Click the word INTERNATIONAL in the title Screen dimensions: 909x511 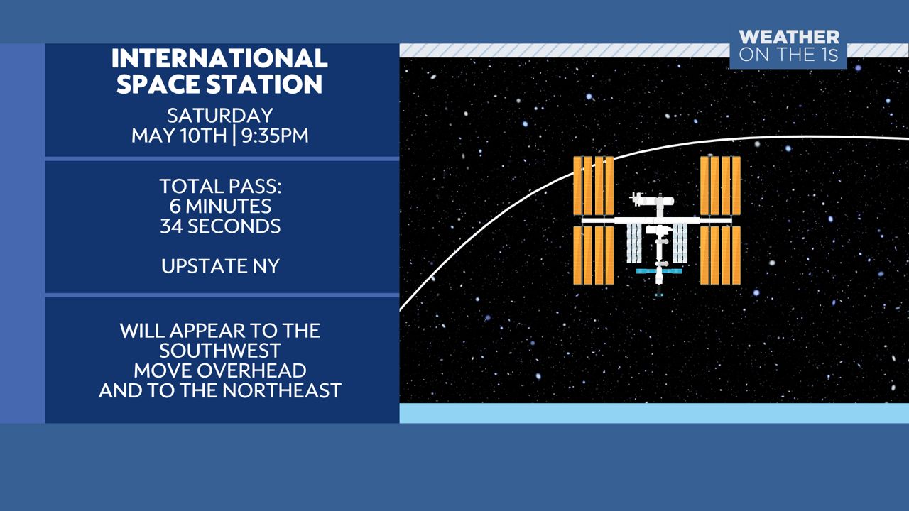(x=219, y=58)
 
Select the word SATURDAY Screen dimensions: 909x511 (x=220, y=116)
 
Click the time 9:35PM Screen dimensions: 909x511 (x=275, y=136)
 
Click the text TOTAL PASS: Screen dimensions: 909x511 (x=220, y=187)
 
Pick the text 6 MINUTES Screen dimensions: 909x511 (x=220, y=206)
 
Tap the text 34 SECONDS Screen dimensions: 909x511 (x=220, y=226)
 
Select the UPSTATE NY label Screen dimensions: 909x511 (x=220, y=266)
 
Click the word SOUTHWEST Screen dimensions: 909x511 (x=220, y=351)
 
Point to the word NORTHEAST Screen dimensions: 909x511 (x=282, y=390)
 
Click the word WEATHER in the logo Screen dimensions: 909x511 (x=789, y=38)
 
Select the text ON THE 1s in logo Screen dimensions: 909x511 (x=789, y=55)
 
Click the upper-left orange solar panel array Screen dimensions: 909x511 (x=593, y=186)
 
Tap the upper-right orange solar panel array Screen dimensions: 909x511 (x=720, y=186)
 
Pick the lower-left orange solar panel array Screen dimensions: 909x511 (x=593, y=255)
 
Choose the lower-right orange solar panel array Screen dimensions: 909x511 (x=720, y=255)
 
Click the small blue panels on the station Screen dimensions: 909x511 (x=659, y=271)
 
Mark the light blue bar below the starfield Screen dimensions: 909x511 (x=654, y=413)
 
